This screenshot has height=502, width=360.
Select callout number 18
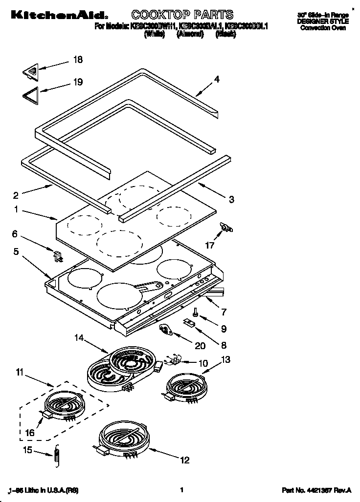coord(77,60)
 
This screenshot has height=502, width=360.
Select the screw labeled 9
coord(195,310)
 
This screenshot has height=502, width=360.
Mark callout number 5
coord(16,252)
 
